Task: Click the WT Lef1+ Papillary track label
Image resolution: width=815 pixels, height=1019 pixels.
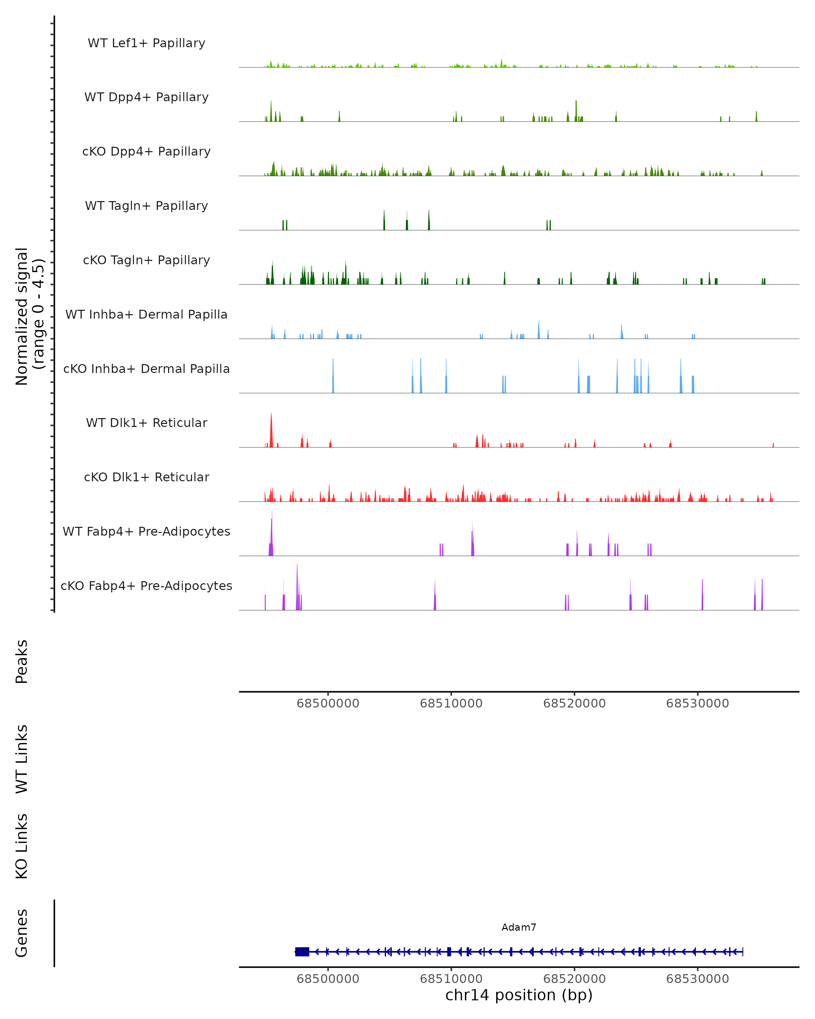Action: [146, 43]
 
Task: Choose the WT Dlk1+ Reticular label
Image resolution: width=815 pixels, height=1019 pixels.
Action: [146, 423]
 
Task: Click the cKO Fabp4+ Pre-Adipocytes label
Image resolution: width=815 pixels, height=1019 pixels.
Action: [146, 586]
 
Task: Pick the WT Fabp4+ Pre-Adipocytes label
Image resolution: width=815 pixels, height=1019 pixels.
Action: [146, 531]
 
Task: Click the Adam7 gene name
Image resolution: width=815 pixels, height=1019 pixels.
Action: [519, 927]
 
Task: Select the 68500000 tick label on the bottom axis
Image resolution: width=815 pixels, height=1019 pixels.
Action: [328, 979]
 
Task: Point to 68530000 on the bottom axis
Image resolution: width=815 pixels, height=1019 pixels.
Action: [698, 979]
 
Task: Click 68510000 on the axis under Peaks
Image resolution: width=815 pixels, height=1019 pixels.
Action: [451, 703]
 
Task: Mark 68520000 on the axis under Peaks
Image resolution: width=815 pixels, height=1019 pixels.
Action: [575, 703]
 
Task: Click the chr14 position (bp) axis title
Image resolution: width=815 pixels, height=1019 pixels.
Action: [519, 995]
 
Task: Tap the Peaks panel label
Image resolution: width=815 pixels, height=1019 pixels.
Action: [22, 662]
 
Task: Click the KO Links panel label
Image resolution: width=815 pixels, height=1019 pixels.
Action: [22, 846]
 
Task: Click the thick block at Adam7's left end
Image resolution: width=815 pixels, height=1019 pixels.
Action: [302, 952]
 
